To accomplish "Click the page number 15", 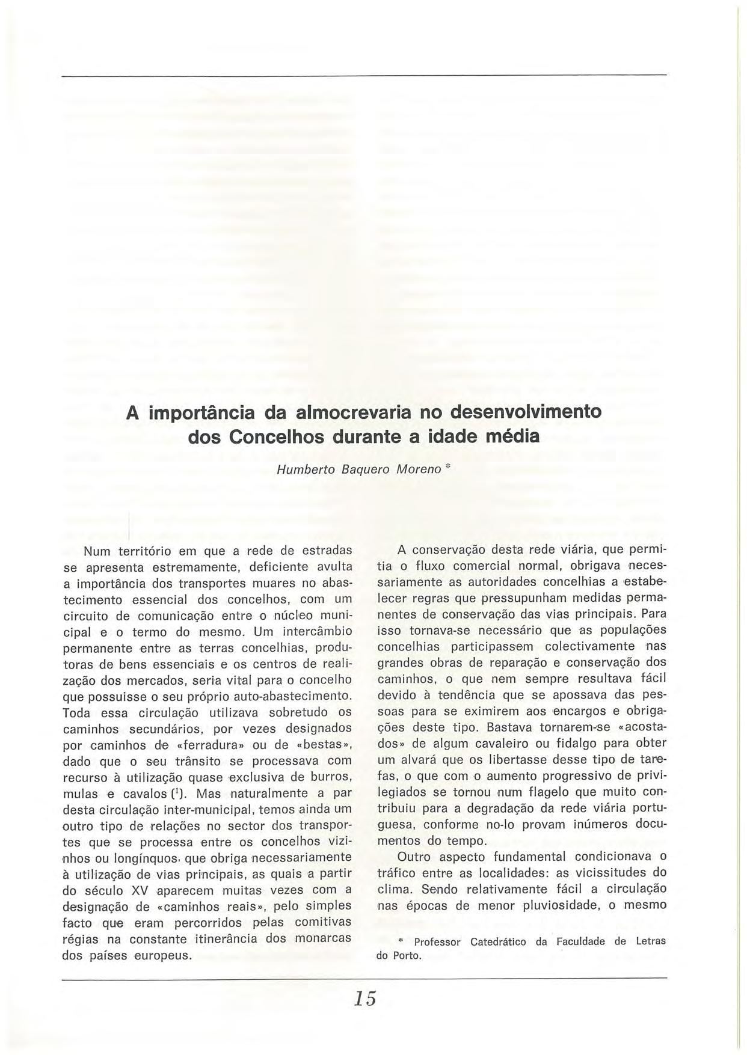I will pyautogui.click(x=365, y=998).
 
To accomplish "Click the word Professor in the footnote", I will pyautogui.click(x=437, y=942).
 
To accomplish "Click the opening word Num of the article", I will pyautogui.click(x=96, y=551).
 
